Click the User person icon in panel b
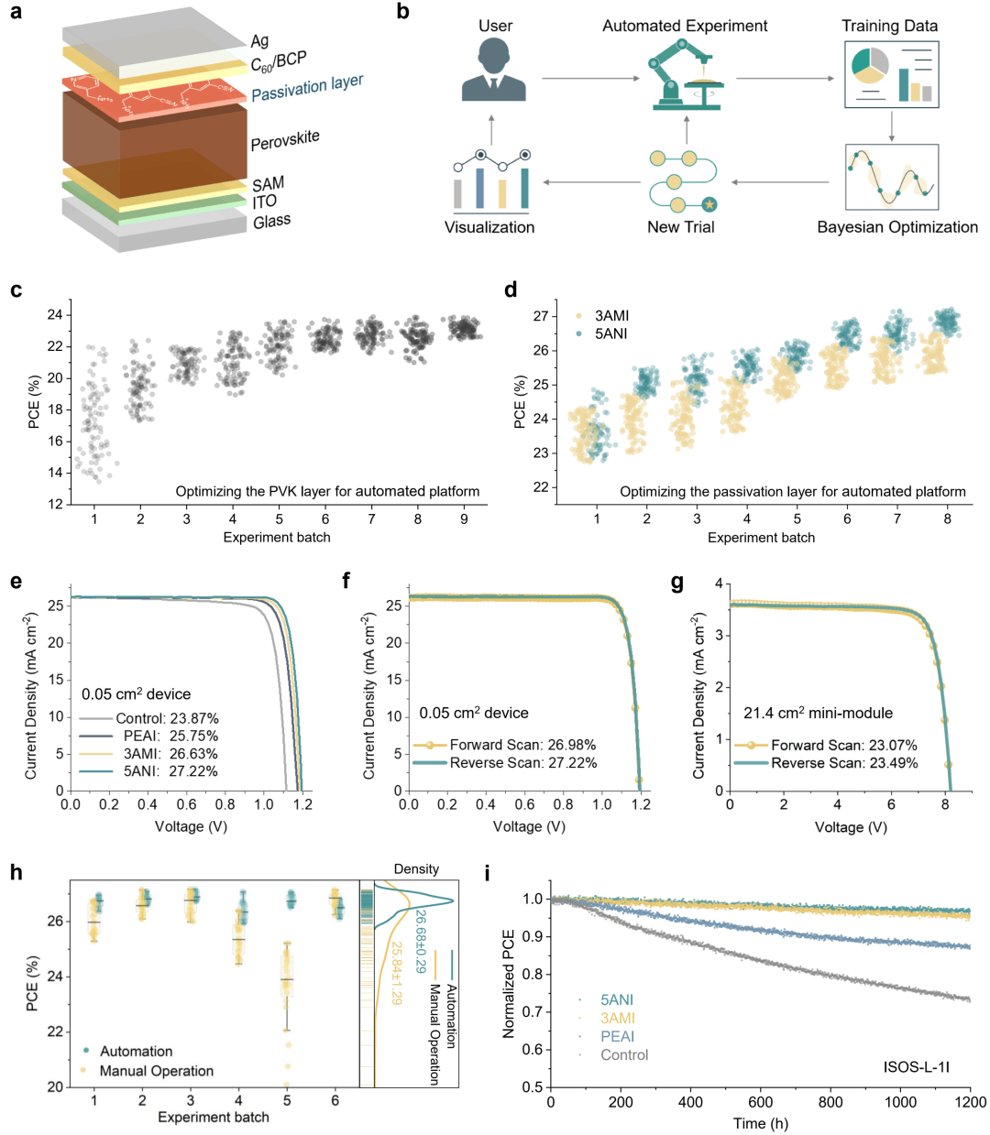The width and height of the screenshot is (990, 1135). coord(494,70)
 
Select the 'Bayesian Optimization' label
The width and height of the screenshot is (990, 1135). coord(896,227)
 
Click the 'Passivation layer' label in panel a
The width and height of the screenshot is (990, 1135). coord(307,88)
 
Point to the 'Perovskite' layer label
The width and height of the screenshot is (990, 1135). coord(285,140)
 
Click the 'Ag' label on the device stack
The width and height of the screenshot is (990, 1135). coord(259,40)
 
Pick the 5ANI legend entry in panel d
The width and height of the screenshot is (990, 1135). coord(610,333)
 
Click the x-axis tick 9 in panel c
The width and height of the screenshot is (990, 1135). coord(464,519)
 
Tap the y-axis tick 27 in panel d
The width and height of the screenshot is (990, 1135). coord(541,316)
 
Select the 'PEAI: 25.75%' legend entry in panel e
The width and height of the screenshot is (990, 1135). coord(170,736)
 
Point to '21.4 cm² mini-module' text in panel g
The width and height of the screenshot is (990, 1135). coord(818,713)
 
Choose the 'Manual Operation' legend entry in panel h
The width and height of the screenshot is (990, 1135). coord(156,1071)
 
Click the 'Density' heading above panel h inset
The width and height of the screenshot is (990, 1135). coord(416,868)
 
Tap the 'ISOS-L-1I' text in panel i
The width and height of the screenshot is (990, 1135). coord(916,1066)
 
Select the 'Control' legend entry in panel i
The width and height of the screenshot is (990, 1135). coord(623,1054)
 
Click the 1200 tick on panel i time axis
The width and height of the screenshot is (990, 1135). coord(971,1102)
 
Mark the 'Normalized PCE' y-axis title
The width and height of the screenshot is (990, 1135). coord(509,984)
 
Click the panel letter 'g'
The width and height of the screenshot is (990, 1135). coord(676,583)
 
